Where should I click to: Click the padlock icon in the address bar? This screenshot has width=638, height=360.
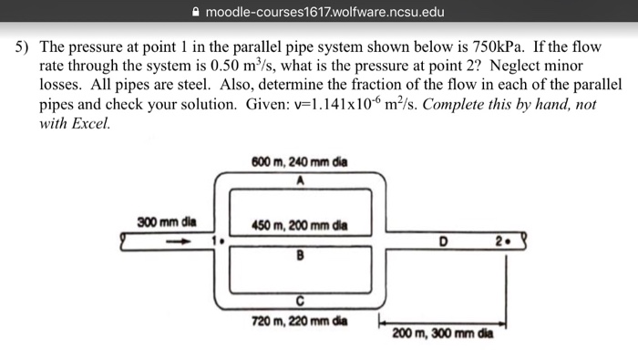point(197,12)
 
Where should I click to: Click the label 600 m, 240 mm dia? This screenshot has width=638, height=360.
point(298,162)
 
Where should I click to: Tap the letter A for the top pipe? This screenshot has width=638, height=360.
point(299,180)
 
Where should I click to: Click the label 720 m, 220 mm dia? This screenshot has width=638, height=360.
point(298,320)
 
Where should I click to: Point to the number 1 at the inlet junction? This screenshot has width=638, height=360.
point(216,241)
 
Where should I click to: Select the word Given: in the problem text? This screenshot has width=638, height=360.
point(271,104)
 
